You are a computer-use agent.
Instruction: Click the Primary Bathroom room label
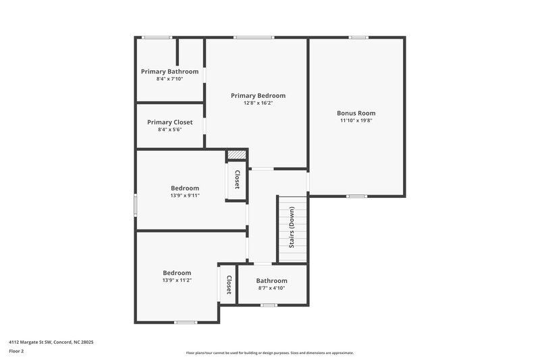click(x=169, y=72)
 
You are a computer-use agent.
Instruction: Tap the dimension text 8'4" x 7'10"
click(x=169, y=79)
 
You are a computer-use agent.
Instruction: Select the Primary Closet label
click(x=169, y=122)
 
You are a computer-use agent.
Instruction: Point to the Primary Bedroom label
click(x=258, y=96)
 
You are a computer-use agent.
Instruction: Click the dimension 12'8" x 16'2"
click(x=258, y=103)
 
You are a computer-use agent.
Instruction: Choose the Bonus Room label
click(x=356, y=113)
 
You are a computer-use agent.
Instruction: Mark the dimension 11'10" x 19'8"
click(x=356, y=121)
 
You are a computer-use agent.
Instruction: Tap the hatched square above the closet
click(x=236, y=155)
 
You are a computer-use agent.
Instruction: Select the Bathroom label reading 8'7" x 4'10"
click(x=271, y=281)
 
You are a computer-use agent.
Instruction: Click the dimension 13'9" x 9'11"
click(x=185, y=196)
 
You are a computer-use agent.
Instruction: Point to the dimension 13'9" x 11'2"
click(x=177, y=280)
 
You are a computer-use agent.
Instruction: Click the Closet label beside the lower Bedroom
click(x=229, y=284)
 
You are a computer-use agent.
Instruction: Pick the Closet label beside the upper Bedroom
click(x=237, y=179)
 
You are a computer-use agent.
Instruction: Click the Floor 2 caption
click(x=17, y=351)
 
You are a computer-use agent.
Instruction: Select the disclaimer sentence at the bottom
click(x=270, y=353)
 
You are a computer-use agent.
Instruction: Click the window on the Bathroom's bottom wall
click(x=269, y=305)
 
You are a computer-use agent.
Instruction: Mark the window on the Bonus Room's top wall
click(x=358, y=37)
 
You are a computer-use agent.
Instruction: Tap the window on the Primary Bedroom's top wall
click(x=254, y=37)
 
